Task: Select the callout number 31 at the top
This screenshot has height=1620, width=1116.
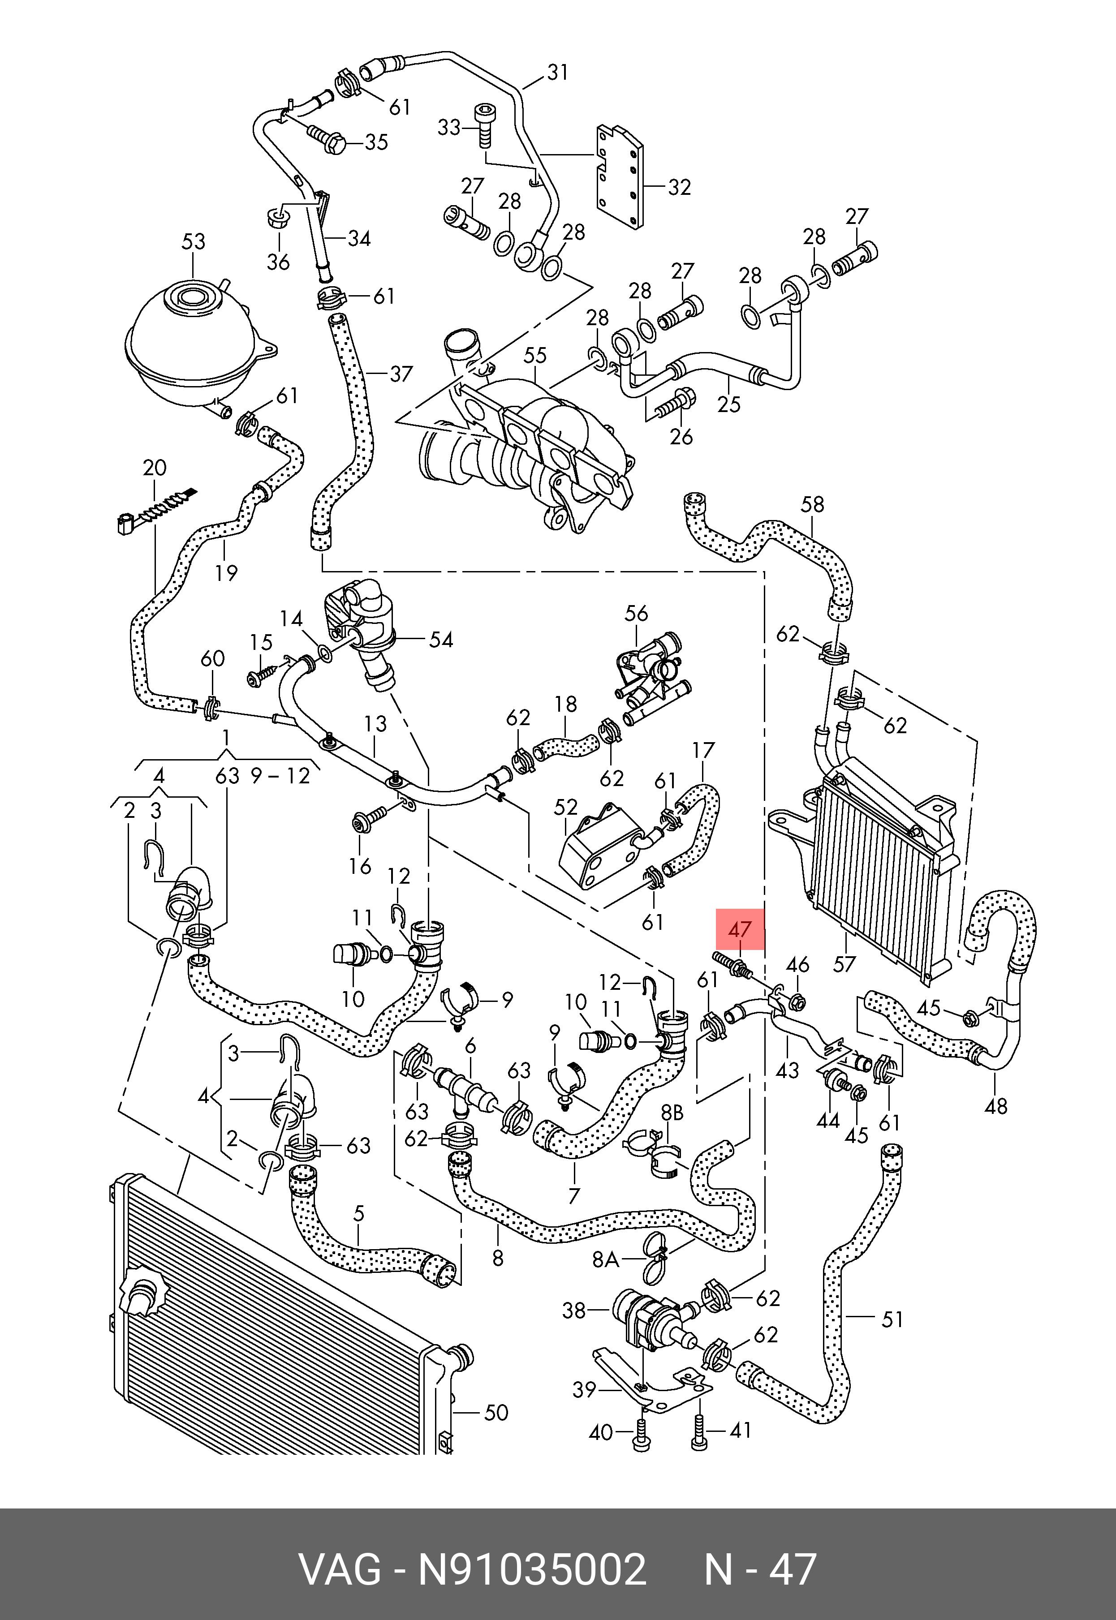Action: (557, 73)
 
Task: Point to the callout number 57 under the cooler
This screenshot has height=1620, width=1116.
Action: (844, 964)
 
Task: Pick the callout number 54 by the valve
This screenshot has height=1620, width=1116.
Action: (440, 640)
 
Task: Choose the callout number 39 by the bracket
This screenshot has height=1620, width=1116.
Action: (584, 1389)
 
